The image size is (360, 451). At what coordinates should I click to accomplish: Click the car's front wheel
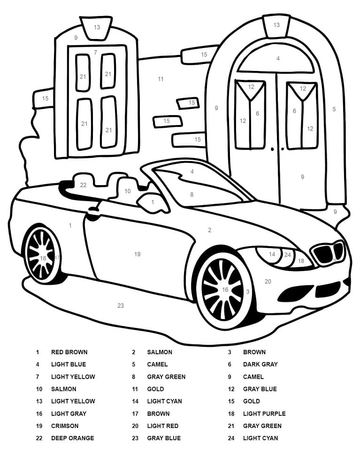click(x=223, y=290)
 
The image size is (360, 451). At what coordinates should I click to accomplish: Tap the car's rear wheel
click(x=42, y=255)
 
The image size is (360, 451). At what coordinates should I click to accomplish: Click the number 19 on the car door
click(x=138, y=254)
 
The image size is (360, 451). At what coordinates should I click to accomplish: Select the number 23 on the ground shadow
click(x=121, y=305)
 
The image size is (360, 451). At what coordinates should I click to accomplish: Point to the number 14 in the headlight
click(x=272, y=254)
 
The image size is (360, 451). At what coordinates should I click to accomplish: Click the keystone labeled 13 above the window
click(x=97, y=28)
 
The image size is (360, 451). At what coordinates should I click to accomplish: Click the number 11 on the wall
click(x=161, y=79)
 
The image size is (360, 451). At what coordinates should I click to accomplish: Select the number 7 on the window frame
click(x=95, y=52)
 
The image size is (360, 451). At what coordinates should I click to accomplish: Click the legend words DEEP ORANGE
click(x=72, y=438)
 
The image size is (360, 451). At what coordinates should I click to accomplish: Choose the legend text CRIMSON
click(x=65, y=426)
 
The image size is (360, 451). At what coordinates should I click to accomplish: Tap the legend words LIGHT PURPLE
click(x=264, y=413)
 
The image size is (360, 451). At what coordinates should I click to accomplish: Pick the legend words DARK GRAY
click(x=260, y=364)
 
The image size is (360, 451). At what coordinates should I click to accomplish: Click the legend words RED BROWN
click(x=69, y=352)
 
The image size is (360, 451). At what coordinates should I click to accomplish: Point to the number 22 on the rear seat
click(x=83, y=185)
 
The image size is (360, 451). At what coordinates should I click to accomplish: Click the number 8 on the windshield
click(x=191, y=194)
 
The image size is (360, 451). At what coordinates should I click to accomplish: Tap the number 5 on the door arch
click(x=334, y=109)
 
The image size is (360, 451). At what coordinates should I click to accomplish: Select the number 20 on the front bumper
click(x=268, y=281)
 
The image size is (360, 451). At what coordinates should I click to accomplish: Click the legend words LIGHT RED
click(x=162, y=426)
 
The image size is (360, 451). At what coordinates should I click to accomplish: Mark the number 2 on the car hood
click(x=209, y=230)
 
